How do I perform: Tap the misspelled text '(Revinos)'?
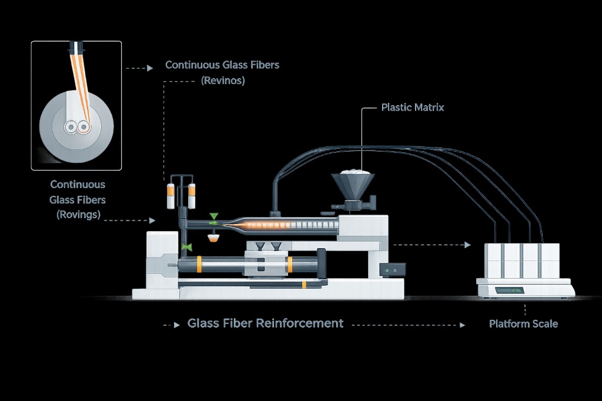(x=222, y=81)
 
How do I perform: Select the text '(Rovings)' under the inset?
(x=78, y=215)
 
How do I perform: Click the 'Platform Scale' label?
(x=523, y=323)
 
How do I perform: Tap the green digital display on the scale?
(x=509, y=290)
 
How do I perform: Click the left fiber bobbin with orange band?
(x=171, y=196)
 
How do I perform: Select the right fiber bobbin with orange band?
(x=192, y=196)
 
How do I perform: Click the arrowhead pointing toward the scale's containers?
(x=468, y=245)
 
